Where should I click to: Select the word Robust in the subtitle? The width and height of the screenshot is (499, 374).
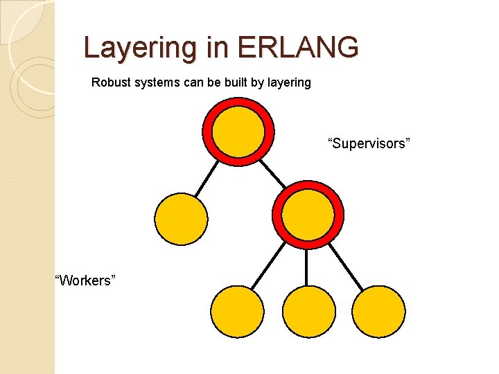[x=110, y=83]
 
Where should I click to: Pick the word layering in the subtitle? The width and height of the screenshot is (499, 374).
[x=287, y=83]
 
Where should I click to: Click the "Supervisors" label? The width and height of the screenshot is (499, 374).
[x=369, y=143]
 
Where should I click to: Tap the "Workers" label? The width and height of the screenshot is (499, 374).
[x=85, y=280]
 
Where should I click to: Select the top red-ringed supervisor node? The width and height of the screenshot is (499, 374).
[x=238, y=131]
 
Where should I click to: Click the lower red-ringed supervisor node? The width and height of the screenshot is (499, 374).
[x=307, y=214]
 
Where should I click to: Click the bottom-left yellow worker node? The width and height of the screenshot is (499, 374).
[x=237, y=312]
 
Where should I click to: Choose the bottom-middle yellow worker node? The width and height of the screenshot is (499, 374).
[x=309, y=312]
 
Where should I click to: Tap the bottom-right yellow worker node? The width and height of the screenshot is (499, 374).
[x=378, y=312]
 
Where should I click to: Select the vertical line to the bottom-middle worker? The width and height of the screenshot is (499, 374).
[x=307, y=267]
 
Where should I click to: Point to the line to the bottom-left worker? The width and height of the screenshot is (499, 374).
[x=268, y=267]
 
